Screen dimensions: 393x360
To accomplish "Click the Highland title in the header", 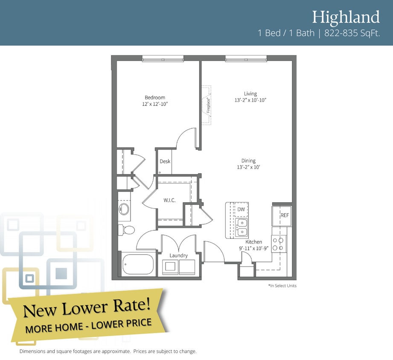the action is (x=346, y=17).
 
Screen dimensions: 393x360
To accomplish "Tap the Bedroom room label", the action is (x=155, y=97).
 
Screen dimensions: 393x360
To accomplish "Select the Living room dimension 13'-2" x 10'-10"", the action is (x=250, y=100).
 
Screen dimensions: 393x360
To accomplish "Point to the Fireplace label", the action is (x=208, y=105).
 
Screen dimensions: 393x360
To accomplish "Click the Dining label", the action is (x=248, y=160).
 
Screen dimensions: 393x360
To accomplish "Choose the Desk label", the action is (x=165, y=161).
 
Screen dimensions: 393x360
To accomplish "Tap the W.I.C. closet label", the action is (x=169, y=200).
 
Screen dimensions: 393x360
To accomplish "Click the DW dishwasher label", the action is (x=241, y=209).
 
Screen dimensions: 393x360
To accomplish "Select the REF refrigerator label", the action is (x=285, y=215).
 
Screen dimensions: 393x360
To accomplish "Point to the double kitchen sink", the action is (x=242, y=227).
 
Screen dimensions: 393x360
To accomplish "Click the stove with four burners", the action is (x=279, y=244).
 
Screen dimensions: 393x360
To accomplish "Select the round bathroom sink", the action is (x=124, y=209).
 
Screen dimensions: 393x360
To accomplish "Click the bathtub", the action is (x=138, y=265).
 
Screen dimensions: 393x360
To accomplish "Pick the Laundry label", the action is (x=178, y=255).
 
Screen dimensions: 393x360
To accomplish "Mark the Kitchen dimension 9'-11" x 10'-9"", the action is (x=253, y=248).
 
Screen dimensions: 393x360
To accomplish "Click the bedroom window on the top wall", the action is (x=163, y=59).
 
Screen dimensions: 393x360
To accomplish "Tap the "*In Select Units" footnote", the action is (x=282, y=286).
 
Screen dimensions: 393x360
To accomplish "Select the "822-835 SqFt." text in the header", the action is (x=352, y=33).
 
